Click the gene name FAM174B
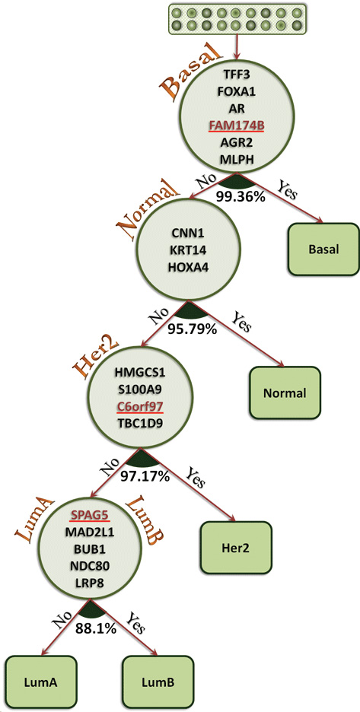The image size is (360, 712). coord(237,126)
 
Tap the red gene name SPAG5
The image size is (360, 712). coord(89,516)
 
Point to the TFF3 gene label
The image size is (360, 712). coord(237,73)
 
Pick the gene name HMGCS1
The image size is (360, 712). coord(139,373)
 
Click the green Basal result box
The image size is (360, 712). coord(323,249)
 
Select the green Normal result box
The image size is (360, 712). coord(285,393)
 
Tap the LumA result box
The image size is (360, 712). coord(40,681)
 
